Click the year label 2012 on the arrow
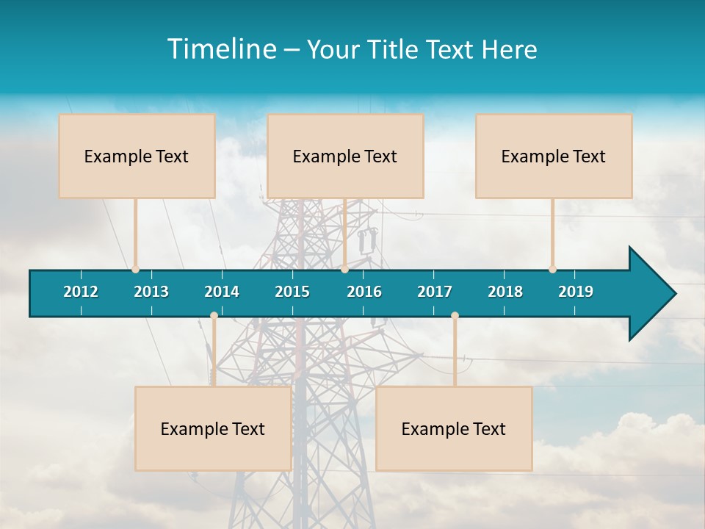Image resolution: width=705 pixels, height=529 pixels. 81,292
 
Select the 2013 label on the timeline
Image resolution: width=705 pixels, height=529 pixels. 151,292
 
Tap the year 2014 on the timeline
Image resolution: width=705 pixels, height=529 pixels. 222,292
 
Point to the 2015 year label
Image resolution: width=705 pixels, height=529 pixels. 292,292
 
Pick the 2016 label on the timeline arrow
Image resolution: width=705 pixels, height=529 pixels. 364,292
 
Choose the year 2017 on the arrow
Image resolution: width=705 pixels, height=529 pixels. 435,292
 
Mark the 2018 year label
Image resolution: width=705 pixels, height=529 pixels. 505,292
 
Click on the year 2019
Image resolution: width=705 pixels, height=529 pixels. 576,292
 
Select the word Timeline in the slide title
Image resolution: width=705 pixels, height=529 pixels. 220,49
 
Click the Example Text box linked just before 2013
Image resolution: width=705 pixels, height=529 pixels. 137,156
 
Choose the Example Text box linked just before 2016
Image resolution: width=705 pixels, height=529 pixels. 345,156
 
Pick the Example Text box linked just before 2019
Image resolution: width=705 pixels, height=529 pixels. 554,156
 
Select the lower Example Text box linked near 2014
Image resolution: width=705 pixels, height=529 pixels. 213,428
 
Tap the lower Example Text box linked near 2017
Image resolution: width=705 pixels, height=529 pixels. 454,428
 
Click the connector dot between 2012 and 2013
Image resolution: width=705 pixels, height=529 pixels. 135,270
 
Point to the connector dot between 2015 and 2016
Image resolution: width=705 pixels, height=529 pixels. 344,270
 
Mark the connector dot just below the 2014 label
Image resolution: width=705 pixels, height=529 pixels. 214,316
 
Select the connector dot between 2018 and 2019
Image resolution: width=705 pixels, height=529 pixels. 552,270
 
